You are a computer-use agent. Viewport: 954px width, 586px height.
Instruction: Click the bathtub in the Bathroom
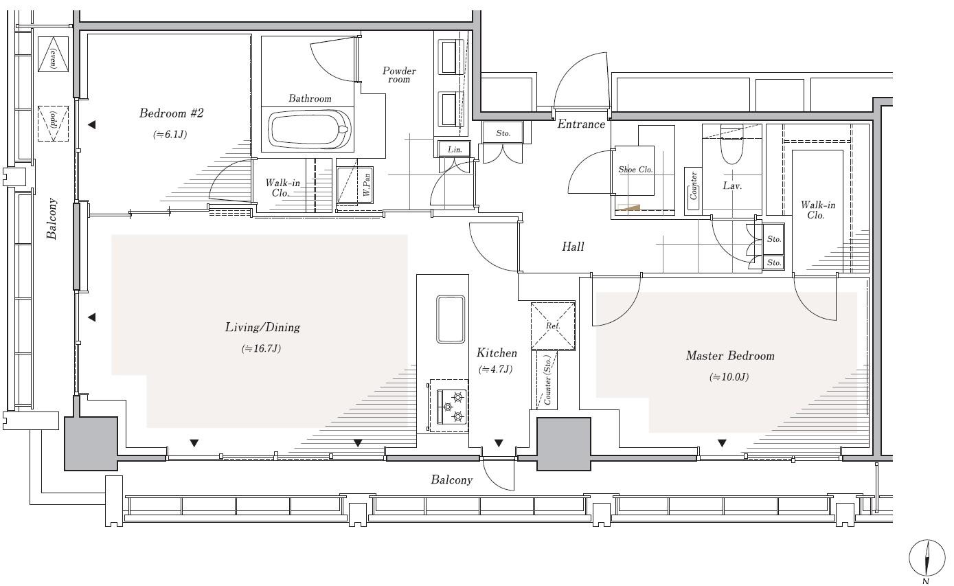310,129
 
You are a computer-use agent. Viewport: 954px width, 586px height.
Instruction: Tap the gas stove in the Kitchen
448,406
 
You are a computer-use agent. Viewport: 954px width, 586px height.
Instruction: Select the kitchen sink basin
450,319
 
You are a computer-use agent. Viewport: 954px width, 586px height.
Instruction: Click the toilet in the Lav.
731,144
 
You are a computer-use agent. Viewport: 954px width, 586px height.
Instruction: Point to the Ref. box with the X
553,326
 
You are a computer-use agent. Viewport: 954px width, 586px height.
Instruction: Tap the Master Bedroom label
730,356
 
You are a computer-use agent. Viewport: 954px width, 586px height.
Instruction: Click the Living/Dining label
262,327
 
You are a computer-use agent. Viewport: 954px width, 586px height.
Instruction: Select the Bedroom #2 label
171,113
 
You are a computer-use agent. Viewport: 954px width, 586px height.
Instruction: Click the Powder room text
399,75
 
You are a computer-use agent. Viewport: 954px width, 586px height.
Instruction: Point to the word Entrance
581,124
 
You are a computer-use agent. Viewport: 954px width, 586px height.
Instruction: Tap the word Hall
573,246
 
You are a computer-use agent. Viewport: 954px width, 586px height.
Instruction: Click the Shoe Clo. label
635,170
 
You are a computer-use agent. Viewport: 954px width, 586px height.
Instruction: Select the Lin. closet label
455,150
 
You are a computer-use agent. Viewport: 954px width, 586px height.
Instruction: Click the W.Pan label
366,185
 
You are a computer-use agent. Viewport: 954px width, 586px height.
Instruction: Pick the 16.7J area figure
261,349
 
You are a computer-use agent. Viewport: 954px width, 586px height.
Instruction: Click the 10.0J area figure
729,377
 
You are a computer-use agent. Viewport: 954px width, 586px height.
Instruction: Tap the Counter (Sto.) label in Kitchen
547,380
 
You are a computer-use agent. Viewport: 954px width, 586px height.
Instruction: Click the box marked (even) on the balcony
54,54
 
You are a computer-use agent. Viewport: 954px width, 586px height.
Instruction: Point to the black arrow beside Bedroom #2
91,125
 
